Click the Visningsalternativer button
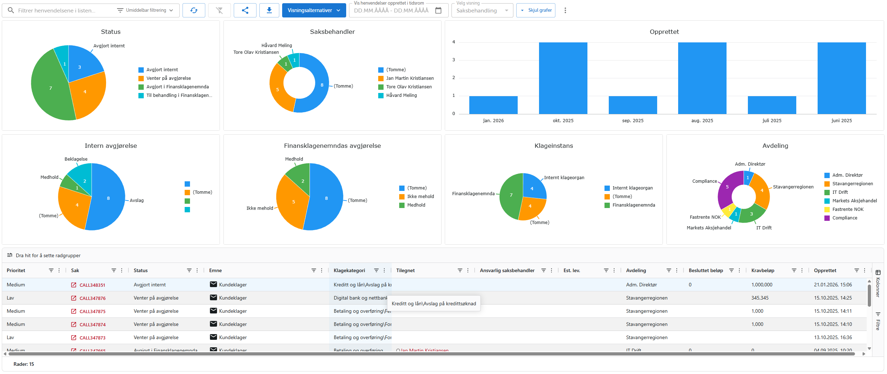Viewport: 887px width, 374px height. pyautogui.click(x=313, y=10)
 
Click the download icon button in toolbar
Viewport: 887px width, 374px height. pyautogui.click(x=269, y=10)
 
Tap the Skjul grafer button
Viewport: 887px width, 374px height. pyautogui.click(x=536, y=10)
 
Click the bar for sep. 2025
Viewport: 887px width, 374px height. pyautogui.click(x=633, y=105)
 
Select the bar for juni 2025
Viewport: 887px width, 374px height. pyautogui.click(x=841, y=78)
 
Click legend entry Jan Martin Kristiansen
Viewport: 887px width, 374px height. pyautogui.click(x=410, y=78)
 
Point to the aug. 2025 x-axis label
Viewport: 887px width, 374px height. pyautogui.click(x=702, y=121)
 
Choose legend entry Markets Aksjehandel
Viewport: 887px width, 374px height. pyautogui.click(x=854, y=201)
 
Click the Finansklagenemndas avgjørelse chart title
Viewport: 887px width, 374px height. pyautogui.click(x=332, y=146)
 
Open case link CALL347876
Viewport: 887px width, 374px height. pyautogui.click(x=93, y=298)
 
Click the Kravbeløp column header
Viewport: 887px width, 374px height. pyautogui.click(x=762, y=271)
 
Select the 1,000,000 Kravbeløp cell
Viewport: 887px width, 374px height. pyautogui.click(x=761, y=285)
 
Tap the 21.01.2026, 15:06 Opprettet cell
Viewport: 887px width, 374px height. pyautogui.click(x=833, y=285)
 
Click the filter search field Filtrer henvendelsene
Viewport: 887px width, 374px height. pyautogui.click(x=60, y=11)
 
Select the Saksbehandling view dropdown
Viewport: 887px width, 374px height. pyautogui.click(x=482, y=11)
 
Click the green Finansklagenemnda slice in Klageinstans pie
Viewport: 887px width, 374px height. pyautogui.click(x=510, y=196)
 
